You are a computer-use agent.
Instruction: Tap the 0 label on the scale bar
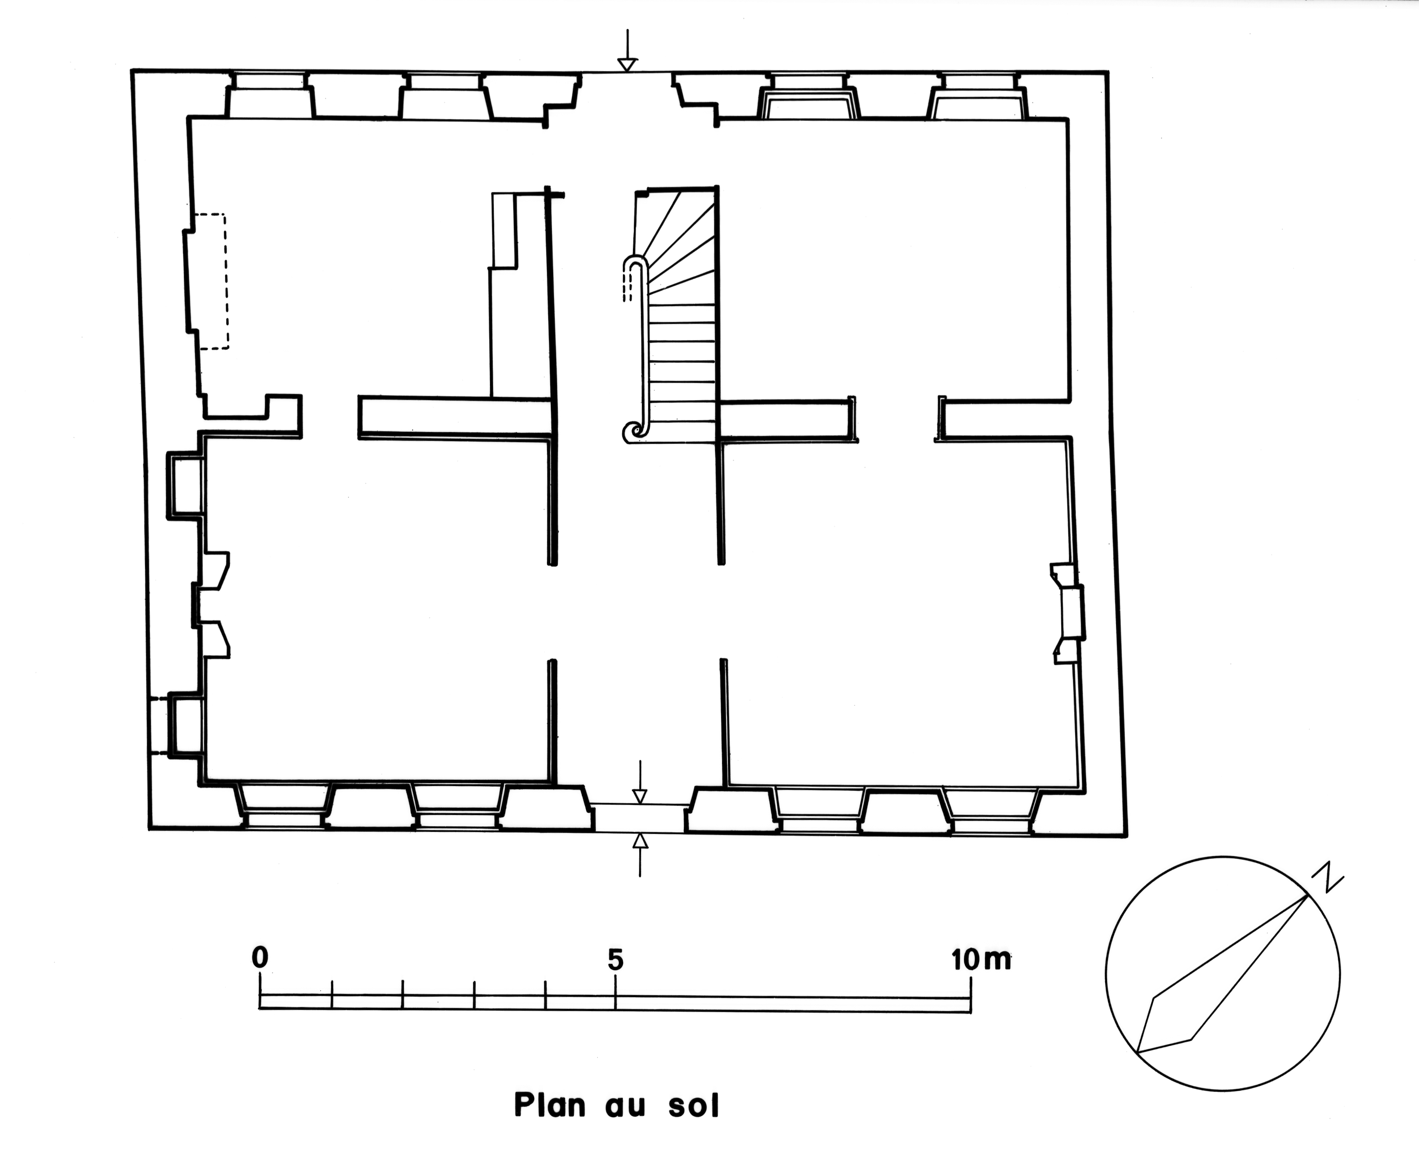(x=260, y=957)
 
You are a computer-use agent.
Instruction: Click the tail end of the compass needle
(x=1137, y=1051)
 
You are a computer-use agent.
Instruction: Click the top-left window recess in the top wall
(x=269, y=96)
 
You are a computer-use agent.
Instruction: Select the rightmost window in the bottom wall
(x=992, y=810)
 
